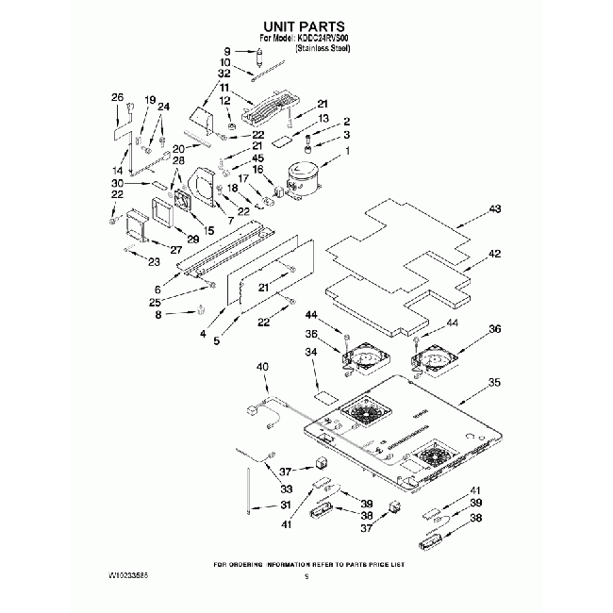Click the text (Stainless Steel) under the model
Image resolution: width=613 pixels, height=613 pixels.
click(x=323, y=47)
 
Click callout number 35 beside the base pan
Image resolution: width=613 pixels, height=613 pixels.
click(x=493, y=383)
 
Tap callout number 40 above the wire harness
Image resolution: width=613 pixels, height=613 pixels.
click(x=262, y=366)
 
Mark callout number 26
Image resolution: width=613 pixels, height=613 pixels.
click(x=118, y=97)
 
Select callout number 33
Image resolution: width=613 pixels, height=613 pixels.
click(x=287, y=489)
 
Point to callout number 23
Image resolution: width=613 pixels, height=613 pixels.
click(x=155, y=261)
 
